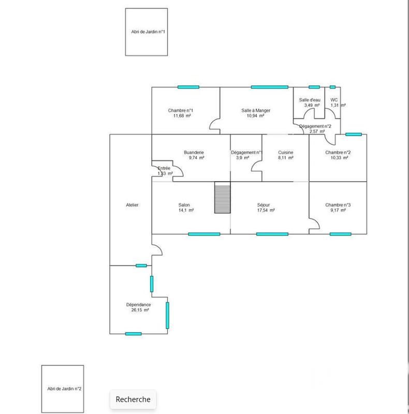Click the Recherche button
point(133,399)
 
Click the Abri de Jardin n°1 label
point(148,32)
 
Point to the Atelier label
point(132,205)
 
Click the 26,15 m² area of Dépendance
point(139,310)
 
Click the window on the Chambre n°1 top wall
point(188,87)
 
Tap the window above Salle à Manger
point(269,87)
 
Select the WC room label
point(334,100)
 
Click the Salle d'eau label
point(310,100)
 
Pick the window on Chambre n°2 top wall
point(354,134)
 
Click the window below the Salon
point(204,234)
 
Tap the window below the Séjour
point(272,234)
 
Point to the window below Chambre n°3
point(340,234)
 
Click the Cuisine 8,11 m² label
point(286,155)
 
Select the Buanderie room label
point(194,152)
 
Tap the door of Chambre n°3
point(314,224)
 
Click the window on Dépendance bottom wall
point(133,333)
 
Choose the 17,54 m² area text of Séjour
point(266,211)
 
